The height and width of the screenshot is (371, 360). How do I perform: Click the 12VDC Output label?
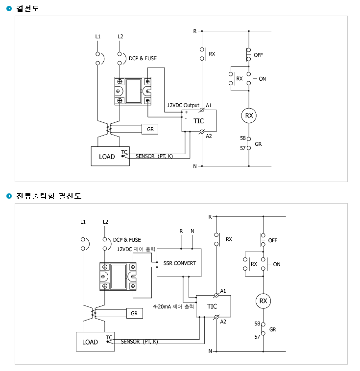coord(183,105)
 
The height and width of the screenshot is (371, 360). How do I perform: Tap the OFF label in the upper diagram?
coord(258,55)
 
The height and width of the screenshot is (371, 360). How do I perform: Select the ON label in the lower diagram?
coord(277,264)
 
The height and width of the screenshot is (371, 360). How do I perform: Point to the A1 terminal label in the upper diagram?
coord(209,105)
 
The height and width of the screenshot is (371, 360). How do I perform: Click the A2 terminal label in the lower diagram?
coord(223,322)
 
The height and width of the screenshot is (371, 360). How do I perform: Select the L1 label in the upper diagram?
coord(98,36)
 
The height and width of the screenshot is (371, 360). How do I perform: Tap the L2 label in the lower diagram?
coord(105,222)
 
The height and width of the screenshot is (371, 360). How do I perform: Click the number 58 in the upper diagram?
coord(243,138)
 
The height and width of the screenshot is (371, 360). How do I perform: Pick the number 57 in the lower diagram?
coord(257,337)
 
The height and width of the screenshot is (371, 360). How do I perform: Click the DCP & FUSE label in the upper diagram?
coord(143,58)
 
